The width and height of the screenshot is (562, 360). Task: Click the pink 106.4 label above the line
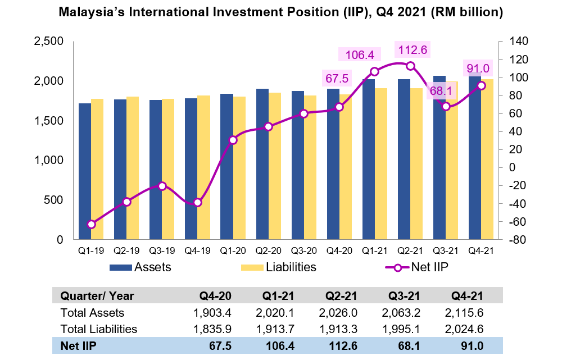(x=360, y=54)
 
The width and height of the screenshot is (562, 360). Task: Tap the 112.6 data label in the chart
(x=413, y=50)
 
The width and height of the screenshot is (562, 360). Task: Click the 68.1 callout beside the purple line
(x=441, y=90)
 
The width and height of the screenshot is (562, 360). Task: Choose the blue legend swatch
(x=121, y=267)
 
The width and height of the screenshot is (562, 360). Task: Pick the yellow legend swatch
(x=252, y=267)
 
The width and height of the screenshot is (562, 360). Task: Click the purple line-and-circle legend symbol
(x=397, y=268)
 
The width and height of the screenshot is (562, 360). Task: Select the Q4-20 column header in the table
(x=215, y=296)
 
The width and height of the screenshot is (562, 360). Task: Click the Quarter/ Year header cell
(x=97, y=296)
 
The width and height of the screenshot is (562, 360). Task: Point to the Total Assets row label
(x=92, y=312)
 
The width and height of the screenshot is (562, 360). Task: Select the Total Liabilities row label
(x=98, y=329)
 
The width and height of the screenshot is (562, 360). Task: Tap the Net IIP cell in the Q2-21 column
(x=344, y=345)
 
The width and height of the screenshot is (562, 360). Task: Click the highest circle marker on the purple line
(x=410, y=66)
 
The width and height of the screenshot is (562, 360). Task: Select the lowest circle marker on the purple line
(x=91, y=224)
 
